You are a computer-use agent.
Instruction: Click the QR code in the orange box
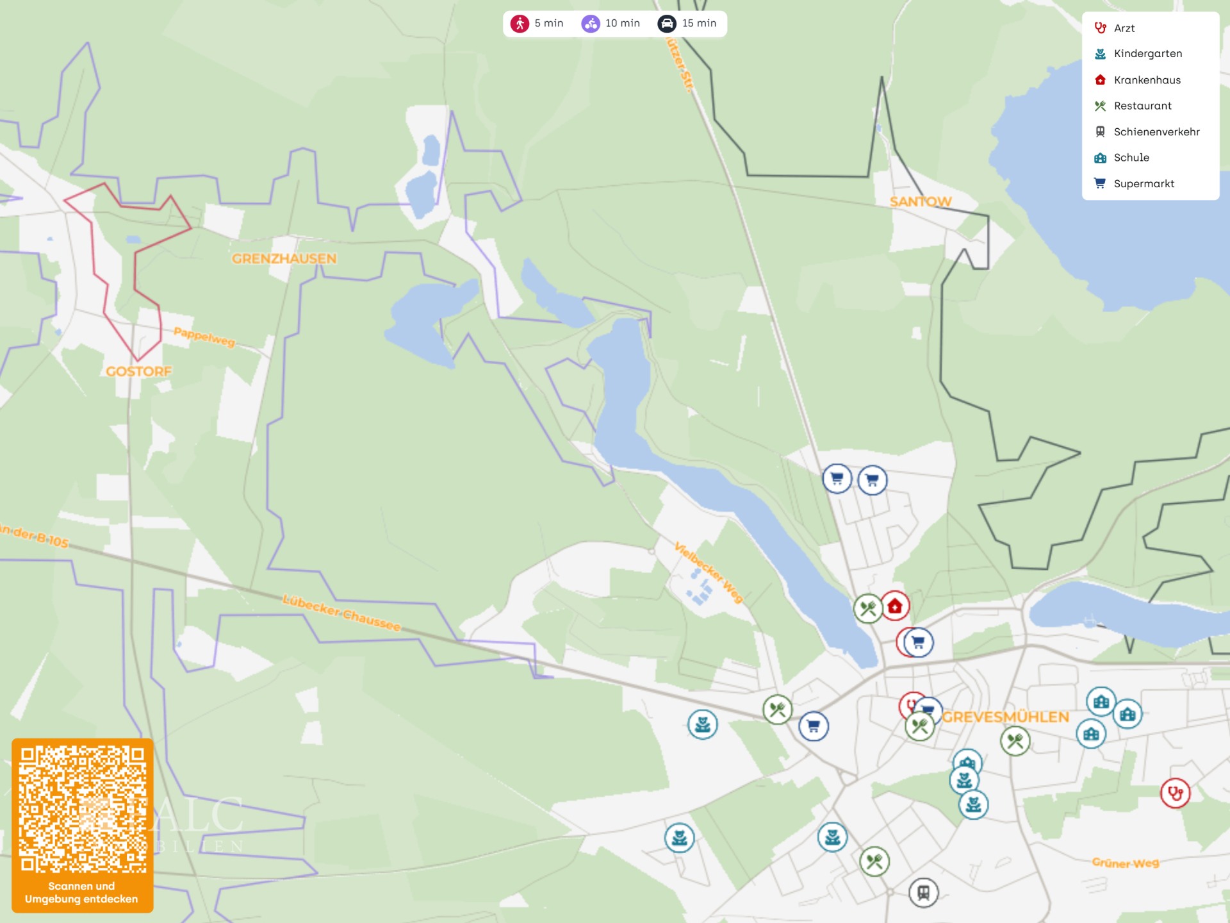point(83,808)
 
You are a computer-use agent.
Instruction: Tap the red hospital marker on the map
point(895,606)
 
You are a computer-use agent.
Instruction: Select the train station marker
point(923,892)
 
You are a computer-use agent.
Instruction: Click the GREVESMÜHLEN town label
point(1005,717)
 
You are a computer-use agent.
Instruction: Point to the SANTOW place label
point(920,201)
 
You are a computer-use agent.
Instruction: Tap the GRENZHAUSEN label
point(284,258)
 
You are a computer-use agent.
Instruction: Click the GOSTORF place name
point(138,371)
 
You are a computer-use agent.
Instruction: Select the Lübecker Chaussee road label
point(341,613)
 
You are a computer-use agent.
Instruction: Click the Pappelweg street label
point(204,336)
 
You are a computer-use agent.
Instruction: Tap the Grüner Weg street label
point(1125,863)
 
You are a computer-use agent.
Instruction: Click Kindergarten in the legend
point(1147,54)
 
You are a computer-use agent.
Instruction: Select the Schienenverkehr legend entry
point(1156,131)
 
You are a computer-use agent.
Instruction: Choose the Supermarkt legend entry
point(1144,183)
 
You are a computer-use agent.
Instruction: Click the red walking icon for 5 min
point(520,24)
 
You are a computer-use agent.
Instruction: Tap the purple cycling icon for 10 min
point(590,24)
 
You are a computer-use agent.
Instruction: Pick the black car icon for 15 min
point(667,24)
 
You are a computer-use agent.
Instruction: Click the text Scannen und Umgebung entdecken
point(81,892)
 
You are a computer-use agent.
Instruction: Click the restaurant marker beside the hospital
point(868,608)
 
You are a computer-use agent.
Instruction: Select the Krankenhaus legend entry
point(1147,80)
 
